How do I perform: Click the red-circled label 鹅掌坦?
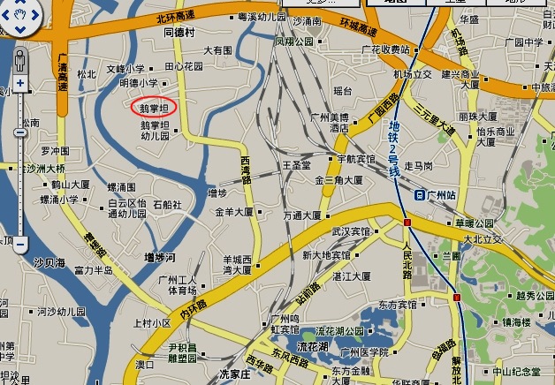coord(154,107)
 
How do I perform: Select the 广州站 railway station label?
coord(439,193)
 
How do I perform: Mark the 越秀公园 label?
coord(534,296)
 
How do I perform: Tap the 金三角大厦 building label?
coord(338,180)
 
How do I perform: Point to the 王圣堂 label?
coord(297,165)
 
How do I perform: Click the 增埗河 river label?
coord(160,257)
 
